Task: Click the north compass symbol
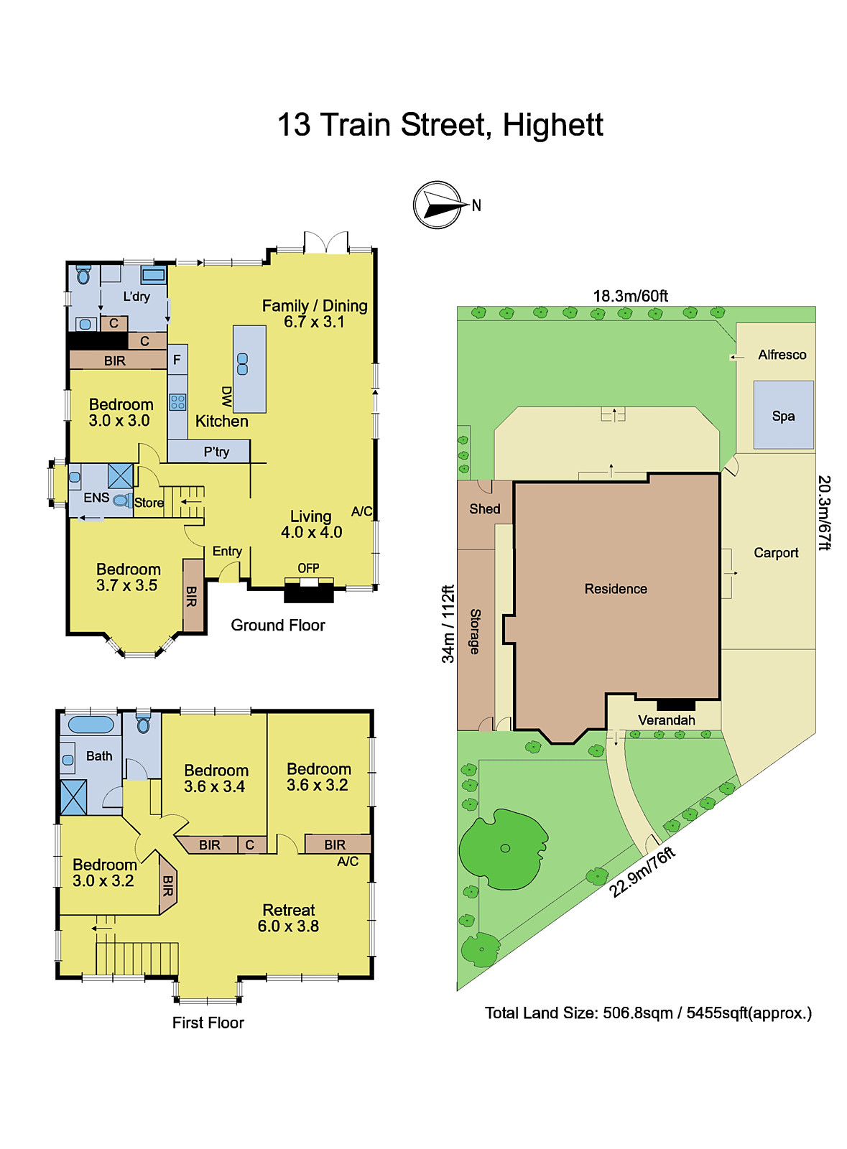click(x=438, y=205)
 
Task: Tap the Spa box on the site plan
click(x=783, y=415)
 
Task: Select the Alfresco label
click(x=782, y=355)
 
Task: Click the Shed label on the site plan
click(x=485, y=509)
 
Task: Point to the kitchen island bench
click(x=249, y=368)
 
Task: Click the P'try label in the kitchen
click(x=216, y=452)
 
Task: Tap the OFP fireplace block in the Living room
click(x=309, y=592)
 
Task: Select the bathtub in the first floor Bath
click(x=91, y=724)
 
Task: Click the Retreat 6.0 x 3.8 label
click(x=289, y=918)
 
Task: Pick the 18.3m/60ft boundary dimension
click(x=630, y=296)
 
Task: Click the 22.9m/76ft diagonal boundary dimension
click(x=642, y=872)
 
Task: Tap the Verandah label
click(x=666, y=720)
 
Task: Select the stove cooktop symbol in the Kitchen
click(x=177, y=402)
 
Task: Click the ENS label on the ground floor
click(x=96, y=498)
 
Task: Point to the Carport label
click(x=776, y=553)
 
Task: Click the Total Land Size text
click(x=648, y=1013)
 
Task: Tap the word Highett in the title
click(x=552, y=125)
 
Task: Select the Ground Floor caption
click(x=278, y=625)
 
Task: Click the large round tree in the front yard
click(x=504, y=849)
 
